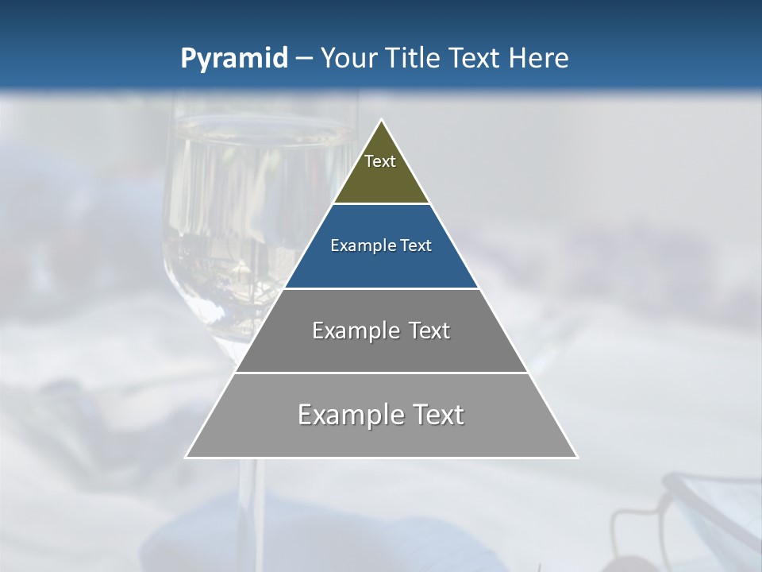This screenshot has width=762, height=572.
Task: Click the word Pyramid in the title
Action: pos(234,58)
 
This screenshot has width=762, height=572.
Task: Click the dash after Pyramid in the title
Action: pos(303,59)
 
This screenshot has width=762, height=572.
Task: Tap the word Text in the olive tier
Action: pos(380,161)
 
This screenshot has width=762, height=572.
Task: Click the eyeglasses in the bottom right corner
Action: pos(698,516)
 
